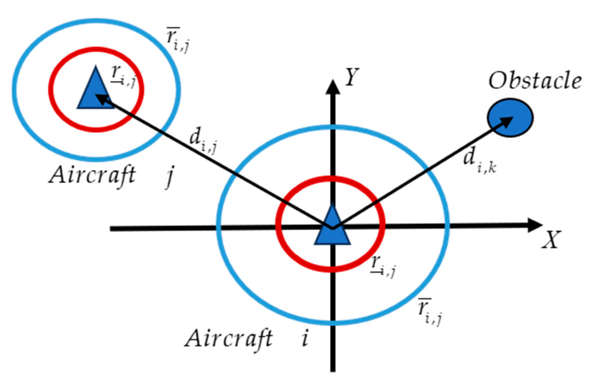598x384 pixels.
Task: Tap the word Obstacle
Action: pyautogui.click(x=535, y=81)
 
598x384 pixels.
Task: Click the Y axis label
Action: pyautogui.click(x=352, y=77)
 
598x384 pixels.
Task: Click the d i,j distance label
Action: pyautogui.click(x=203, y=140)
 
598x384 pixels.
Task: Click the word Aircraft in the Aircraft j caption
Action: pyautogui.click(x=92, y=175)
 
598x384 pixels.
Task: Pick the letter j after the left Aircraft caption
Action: pyautogui.click(x=170, y=176)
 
